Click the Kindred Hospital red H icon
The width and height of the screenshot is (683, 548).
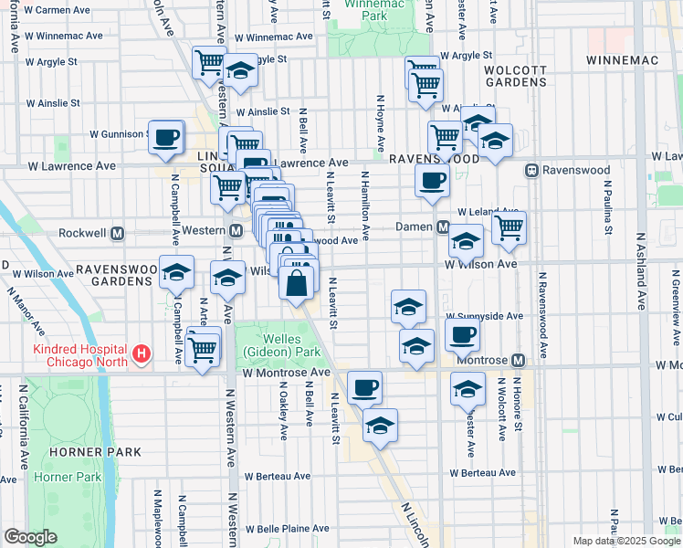(x=141, y=353)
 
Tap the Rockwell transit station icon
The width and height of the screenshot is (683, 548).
(x=118, y=234)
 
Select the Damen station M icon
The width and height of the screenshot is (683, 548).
(x=442, y=227)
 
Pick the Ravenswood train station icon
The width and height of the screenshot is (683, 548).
(x=531, y=171)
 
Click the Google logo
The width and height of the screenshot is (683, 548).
(x=30, y=537)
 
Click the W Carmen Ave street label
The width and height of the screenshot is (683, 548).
(x=57, y=10)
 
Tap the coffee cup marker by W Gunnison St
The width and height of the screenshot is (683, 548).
(x=165, y=138)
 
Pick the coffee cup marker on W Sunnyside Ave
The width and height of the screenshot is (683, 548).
(x=463, y=335)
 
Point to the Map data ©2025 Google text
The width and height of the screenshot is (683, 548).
(x=625, y=541)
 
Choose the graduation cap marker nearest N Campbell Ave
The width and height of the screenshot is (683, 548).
(x=177, y=273)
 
